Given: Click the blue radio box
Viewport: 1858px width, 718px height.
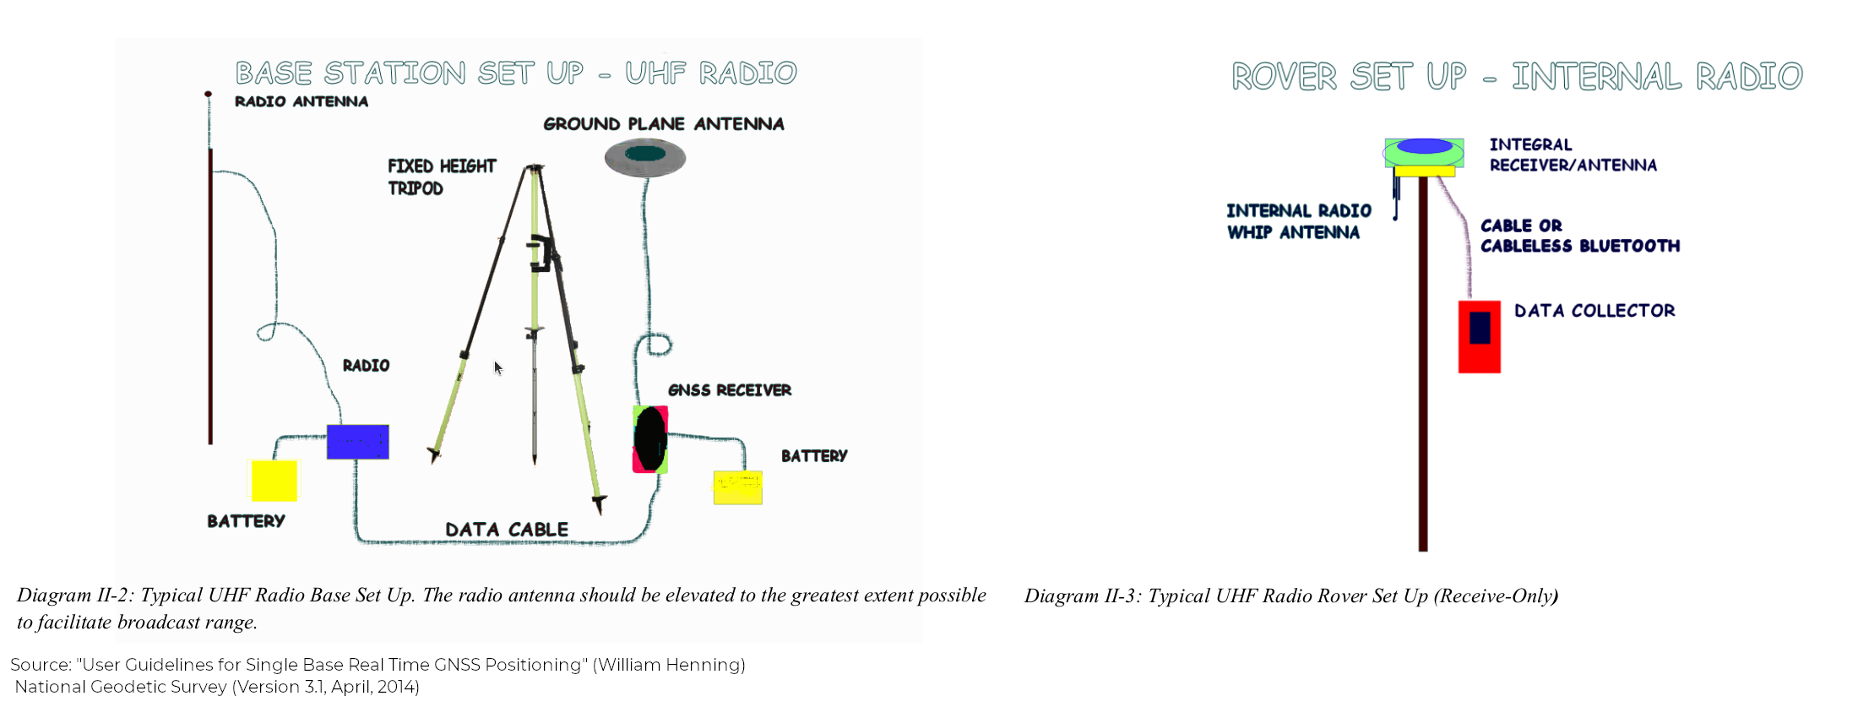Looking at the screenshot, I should [357, 442].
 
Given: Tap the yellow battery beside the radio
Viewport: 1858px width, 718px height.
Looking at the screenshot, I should [274, 481].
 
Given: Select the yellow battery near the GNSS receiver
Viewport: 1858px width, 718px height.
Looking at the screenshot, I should [737, 487].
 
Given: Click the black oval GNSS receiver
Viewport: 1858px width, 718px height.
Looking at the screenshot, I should [650, 439].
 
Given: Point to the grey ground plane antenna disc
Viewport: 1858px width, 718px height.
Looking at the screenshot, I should [645, 157].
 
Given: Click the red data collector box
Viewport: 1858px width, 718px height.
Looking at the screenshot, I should [1479, 336].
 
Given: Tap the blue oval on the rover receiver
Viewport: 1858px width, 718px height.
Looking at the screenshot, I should [1424, 146].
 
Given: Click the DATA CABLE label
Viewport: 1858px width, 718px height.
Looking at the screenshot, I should [507, 530].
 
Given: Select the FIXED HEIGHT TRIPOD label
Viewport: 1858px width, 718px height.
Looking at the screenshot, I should [441, 177].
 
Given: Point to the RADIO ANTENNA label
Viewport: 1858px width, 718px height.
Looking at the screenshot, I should [302, 101].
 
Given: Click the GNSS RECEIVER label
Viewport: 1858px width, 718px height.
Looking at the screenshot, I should [730, 390].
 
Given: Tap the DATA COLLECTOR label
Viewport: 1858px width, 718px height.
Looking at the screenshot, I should [1595, 311].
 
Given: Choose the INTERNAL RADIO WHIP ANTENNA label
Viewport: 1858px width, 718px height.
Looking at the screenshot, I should [1298, 221].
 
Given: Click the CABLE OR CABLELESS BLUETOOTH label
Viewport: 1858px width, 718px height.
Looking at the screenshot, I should [1579, 236].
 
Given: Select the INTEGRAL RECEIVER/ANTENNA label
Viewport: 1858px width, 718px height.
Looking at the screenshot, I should [1573, 155].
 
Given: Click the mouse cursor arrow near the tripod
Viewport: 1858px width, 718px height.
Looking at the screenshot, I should [497, 367].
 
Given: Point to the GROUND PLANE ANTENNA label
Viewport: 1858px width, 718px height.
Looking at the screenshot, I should [664, 124].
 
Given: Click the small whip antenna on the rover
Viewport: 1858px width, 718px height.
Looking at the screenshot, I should [1396, 199].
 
